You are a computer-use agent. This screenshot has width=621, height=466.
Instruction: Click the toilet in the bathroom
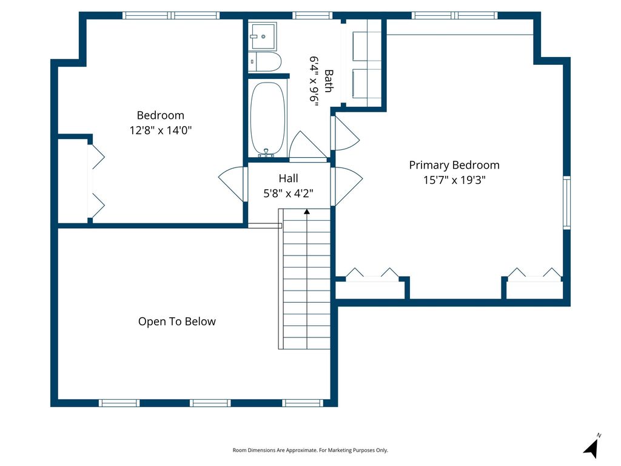coord(266,61)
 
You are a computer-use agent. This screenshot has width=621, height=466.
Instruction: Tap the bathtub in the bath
coord(267,120)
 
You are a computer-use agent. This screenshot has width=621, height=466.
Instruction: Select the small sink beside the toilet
coord(263,36)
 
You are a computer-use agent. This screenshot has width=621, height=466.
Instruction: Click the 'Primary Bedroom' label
coord(454,165)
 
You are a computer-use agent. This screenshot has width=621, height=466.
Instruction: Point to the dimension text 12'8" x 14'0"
coord(160,130)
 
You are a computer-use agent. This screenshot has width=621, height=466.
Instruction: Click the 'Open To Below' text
coord(177,322)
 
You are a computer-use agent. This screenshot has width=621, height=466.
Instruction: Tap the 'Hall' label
coord(288,178)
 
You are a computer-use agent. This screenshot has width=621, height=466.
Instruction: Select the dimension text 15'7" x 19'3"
coord(454,180)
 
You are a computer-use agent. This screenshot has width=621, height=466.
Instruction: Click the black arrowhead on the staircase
coord(307,212)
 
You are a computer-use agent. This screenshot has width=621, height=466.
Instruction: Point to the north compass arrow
coord(592,448)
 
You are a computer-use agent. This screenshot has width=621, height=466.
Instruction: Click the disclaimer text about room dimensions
coord(310,450)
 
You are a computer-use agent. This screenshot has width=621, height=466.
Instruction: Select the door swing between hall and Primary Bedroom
coord(346,186)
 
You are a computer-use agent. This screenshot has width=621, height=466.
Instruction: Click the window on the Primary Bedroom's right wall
coord(567,203)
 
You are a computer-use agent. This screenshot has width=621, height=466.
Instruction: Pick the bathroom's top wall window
coord(312,15)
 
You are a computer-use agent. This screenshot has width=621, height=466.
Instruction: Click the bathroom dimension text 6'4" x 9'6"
coord(314,82)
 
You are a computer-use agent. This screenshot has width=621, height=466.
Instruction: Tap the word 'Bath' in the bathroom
coord(329,81)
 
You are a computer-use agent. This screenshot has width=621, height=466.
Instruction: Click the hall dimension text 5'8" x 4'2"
coord(288,194)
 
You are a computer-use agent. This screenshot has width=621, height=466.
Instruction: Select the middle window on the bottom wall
coord(210,403)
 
